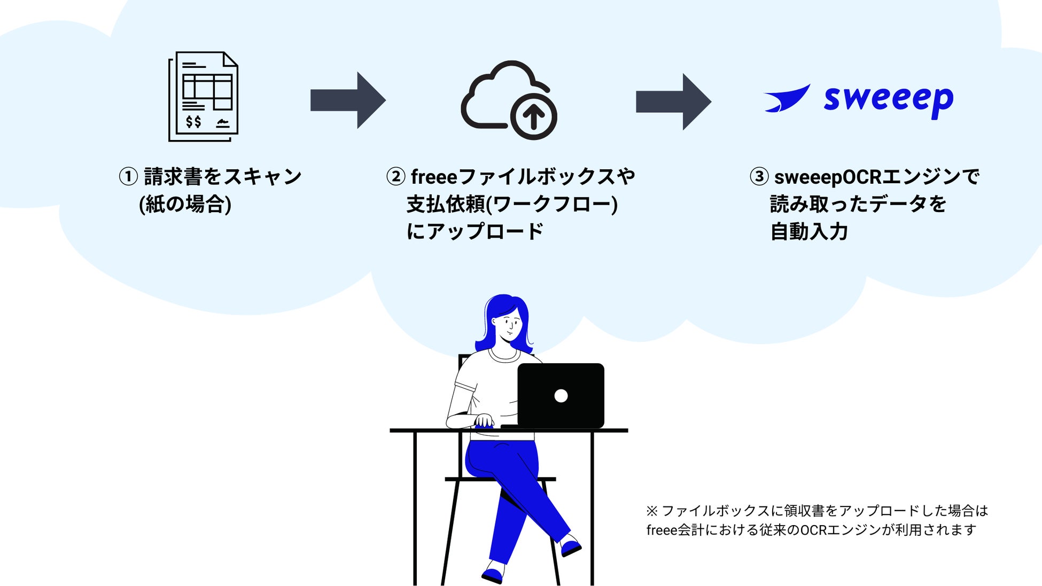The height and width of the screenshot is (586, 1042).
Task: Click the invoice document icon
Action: click(203, 96)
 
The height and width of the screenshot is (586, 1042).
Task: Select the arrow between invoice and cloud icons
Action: click(348, 100)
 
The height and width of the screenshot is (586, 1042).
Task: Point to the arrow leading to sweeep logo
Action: click(673, 101)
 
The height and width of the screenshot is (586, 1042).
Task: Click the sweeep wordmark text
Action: click(888, 100)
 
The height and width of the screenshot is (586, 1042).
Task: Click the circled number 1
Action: click(128, 176)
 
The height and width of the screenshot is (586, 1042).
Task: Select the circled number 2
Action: click(395, 176)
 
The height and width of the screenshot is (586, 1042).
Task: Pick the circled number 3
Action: click(759, 176)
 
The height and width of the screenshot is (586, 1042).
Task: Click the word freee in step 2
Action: click(434, 177)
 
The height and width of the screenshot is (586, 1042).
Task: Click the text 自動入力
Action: click(809, 232)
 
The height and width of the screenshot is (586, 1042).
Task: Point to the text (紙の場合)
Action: click(185, 204)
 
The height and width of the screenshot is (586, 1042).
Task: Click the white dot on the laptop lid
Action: click(561, 396)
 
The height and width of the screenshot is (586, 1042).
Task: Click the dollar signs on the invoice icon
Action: click(193, 122)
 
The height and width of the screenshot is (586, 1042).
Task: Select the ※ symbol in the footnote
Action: click(651, 511)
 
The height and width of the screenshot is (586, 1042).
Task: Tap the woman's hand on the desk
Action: click(484, 421)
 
